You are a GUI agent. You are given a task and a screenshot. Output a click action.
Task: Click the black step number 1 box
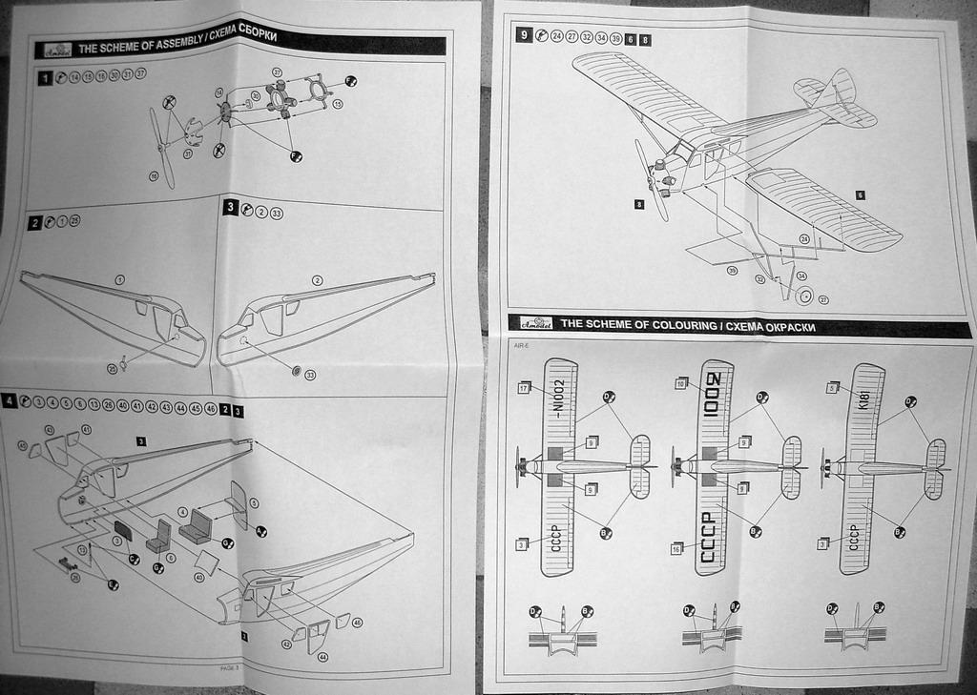coord(44,77)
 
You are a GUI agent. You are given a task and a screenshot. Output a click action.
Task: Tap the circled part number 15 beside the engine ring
coord(337,103)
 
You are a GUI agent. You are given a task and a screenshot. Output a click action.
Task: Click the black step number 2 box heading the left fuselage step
coord(34,222)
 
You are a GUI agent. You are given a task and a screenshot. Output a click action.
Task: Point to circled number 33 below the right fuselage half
coord(309,375)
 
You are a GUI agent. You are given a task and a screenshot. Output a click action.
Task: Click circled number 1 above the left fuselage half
coord(120,279)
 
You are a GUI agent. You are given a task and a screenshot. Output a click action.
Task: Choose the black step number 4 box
coord(9,401)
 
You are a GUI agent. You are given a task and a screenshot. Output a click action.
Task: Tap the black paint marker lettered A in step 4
coord(260,530)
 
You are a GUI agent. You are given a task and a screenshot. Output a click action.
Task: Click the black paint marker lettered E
coord(113,584)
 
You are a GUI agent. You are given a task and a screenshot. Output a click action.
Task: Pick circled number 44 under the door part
coord(322,657)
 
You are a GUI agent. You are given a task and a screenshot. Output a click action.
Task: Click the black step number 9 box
coord(524,36)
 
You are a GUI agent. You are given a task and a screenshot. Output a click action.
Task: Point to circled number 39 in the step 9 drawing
coord(732,271)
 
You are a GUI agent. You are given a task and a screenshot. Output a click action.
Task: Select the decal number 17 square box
coord(524,388)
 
